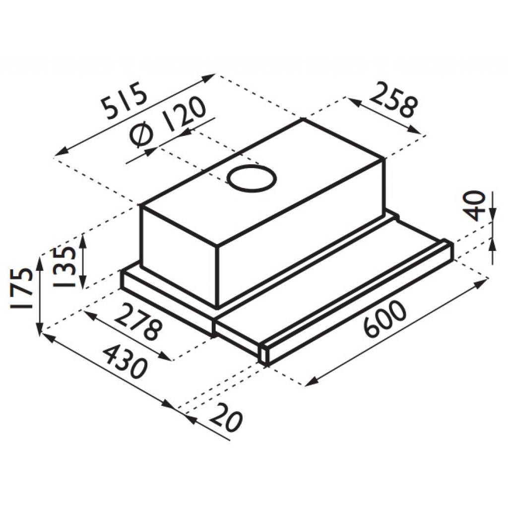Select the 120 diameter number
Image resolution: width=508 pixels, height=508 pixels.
point(185,113)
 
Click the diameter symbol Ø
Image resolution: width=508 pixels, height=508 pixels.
point(142,136)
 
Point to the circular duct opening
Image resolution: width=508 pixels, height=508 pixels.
point(252,179)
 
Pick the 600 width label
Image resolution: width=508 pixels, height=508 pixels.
point(384,319)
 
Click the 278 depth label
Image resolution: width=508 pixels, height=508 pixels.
point(137,323)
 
